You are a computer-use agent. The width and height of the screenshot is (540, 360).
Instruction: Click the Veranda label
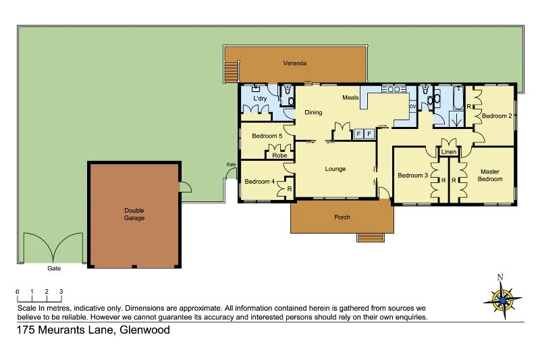click(x=295, y=63)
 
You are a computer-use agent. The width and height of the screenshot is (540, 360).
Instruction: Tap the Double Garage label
click(x=134, y=214)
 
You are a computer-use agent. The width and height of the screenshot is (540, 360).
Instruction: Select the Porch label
click(x=342, y=217)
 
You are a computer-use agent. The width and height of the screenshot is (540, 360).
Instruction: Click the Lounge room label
click(x=335, y=169)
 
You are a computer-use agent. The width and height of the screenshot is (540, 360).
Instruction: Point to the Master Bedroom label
click(x=490, y=175)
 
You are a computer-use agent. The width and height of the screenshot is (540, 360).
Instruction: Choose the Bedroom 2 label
click(x=496, y=116)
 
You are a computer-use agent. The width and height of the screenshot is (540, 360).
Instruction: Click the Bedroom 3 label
click(x=412, y=176)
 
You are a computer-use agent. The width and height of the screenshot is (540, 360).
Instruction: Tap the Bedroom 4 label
click(x=259, y=181)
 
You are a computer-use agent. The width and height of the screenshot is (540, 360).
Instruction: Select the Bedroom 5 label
click(x=267, y=136)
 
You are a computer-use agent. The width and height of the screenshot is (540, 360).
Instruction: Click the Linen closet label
click(x=449, y=152)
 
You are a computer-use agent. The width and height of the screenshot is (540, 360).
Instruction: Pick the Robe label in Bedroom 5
click(x=279, y=155)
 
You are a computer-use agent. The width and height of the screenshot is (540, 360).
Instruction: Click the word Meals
click(x=350, y=97)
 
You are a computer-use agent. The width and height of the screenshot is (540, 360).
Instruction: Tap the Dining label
click(x=313, y=113)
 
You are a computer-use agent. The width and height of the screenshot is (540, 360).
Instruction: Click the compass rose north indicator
click(x=500, y=277)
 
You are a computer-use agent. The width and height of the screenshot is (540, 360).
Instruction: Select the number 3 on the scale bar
click(x=61, y=291)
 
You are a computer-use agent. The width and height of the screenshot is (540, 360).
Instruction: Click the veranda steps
click(x=232, y=70)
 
